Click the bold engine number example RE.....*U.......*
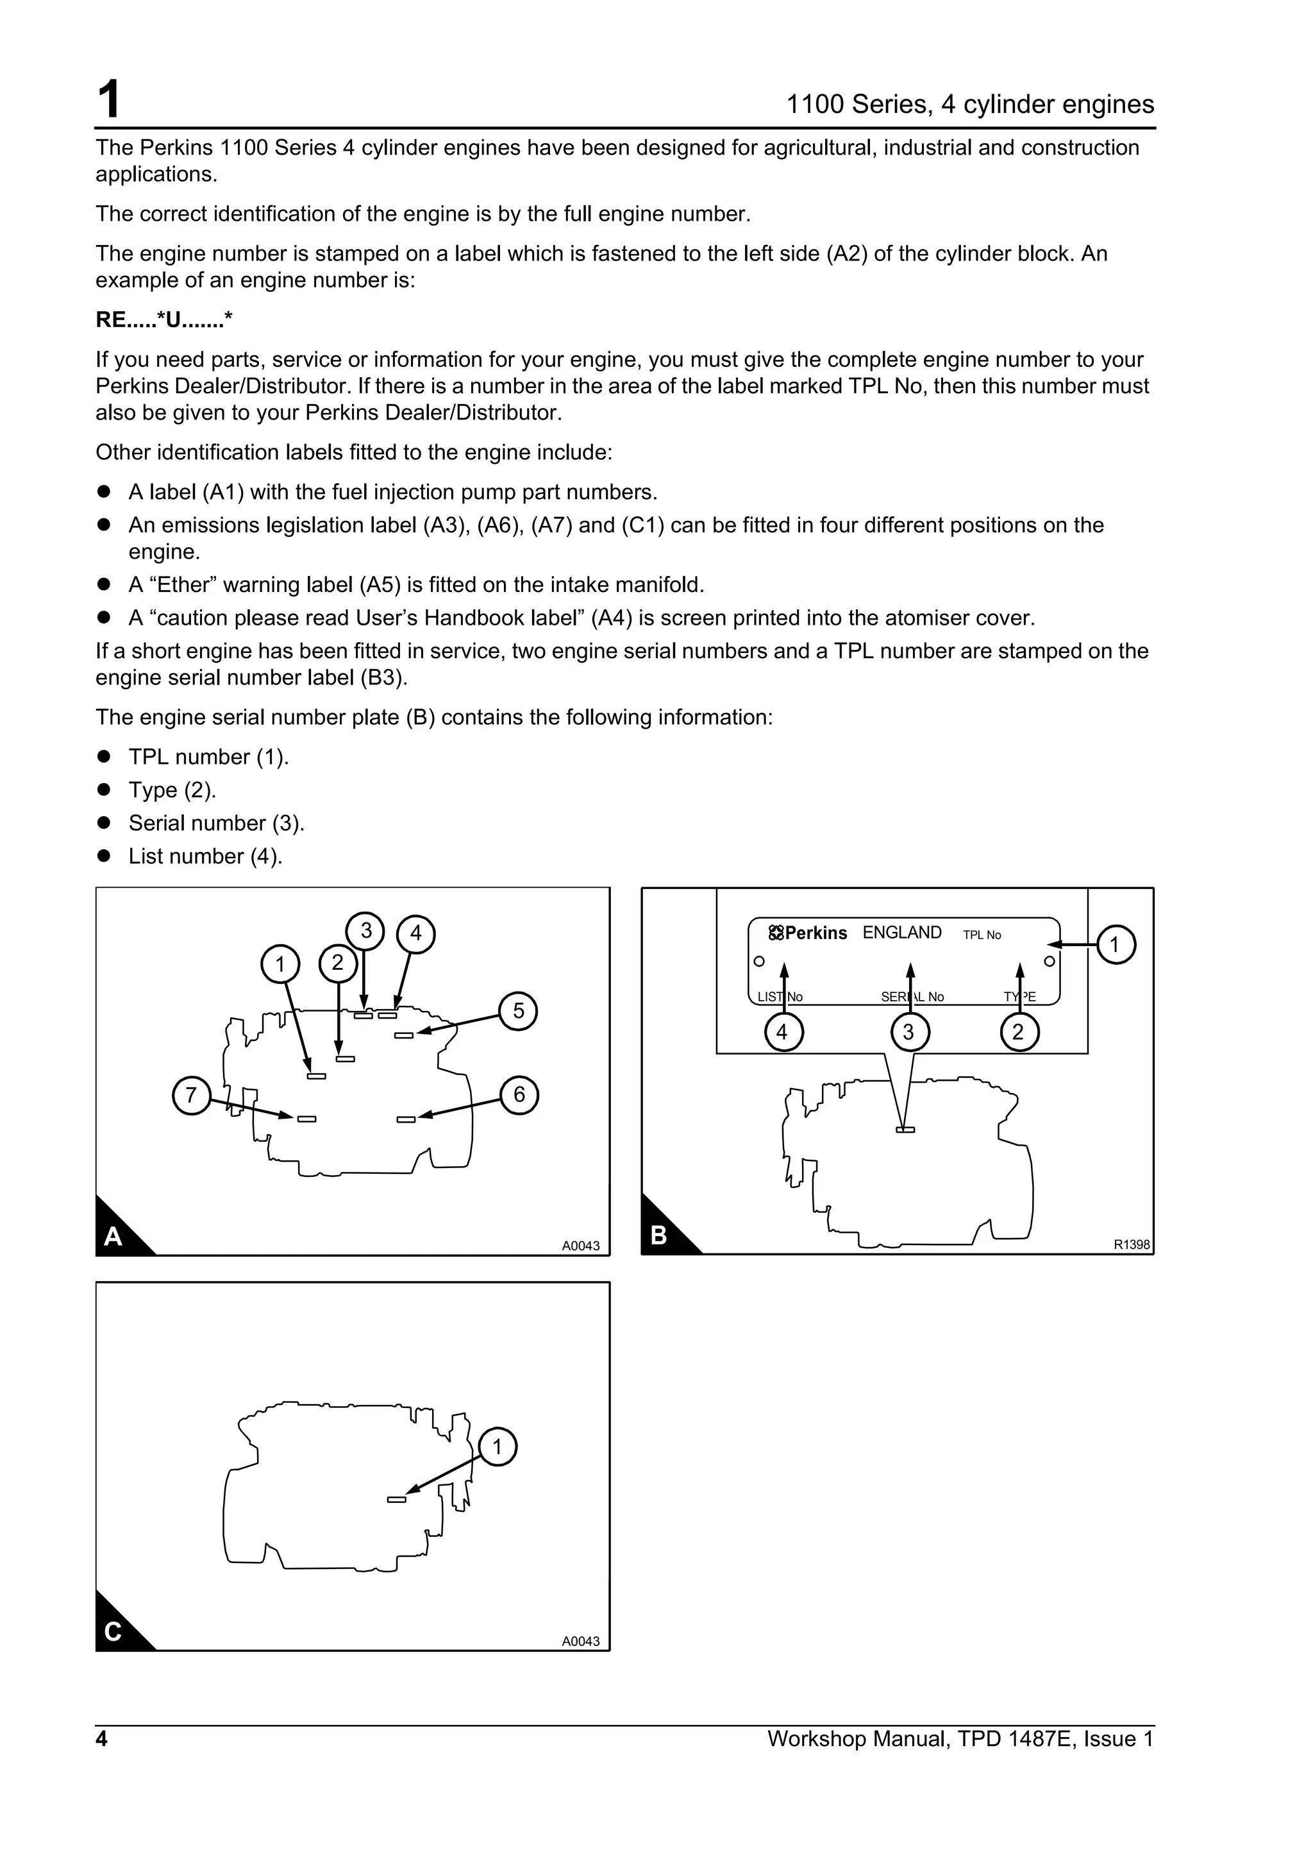pos(164,320)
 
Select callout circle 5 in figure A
pos(518,1011)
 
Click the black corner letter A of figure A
pos(113,1236)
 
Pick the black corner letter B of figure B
pos(659,1235)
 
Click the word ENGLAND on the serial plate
pos(901,933)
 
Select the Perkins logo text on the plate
pos(808,933)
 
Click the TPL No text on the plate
pos(982,935)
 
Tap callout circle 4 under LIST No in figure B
pos(782,1032)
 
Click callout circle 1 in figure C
pos(498,1447)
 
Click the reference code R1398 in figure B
pos(1131,1245)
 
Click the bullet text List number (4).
pos(205,856)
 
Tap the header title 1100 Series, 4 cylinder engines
pos(969,105)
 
